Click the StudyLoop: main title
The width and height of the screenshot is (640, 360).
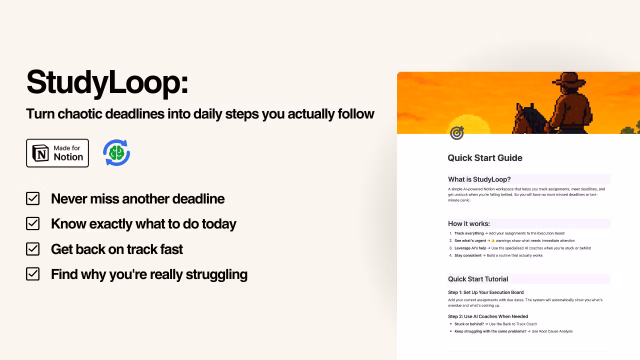click(107, 82)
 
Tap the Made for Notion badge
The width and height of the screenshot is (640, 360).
click(57, 153)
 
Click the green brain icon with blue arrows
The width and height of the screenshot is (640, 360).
click(116, 153)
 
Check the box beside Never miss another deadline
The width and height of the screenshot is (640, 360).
click(32, 198)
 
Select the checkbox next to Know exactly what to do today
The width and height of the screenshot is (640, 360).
click(32, 223)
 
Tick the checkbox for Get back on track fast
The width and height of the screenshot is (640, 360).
click(32, 249)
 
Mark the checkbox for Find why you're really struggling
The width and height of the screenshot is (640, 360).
click(32, 274)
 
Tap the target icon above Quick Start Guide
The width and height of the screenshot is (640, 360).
click(456, 133)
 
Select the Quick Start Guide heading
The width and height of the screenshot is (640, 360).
click(484, 158)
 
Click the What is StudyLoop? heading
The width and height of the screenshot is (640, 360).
click(479, 179)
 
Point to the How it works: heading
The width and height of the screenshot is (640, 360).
click(468, 223)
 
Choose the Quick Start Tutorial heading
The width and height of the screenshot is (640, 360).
click(477, 279)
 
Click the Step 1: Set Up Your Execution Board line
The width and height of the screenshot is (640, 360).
click(485, 292)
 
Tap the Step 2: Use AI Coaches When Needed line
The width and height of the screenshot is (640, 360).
click(487, 316)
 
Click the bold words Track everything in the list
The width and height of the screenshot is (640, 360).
click(469, 233)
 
